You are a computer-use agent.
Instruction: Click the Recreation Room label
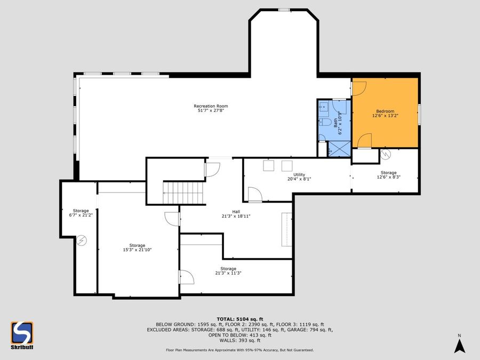[207, 106]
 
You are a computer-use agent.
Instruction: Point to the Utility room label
[299, 174]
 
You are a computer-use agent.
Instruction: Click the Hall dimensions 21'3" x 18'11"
[236, 216]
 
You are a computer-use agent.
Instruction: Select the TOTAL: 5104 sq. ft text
[239, 318]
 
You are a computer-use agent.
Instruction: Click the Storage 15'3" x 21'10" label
[137, 248]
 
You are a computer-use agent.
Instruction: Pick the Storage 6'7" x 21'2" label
[81, 213]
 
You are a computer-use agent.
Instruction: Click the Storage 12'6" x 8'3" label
[388, 175]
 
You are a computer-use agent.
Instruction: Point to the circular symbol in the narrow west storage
[81, 241]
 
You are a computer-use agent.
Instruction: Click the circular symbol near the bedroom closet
[385, 155]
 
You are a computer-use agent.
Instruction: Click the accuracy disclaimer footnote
[239, 350]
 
